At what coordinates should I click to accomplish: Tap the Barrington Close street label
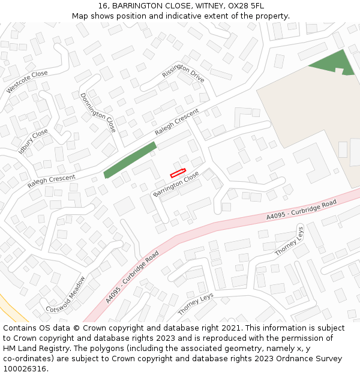click(x=176, y=184)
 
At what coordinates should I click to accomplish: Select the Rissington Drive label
click(x=183, y=74)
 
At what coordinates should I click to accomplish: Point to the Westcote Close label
click(x=27, y=82)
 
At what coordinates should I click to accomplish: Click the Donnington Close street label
click(x=98, y=112)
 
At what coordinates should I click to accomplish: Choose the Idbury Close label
click(x=33, y=142)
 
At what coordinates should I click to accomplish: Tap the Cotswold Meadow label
click(x=66, y=294)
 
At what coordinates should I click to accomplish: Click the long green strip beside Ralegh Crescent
click(x=130, y=160)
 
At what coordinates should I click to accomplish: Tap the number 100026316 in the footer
click(x=24, y=369)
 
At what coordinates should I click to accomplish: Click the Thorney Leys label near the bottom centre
click(x=196, y=304)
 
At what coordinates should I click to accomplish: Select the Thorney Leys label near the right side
click(x=290, y=241)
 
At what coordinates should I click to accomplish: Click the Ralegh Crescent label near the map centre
click(x=176, y=122)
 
